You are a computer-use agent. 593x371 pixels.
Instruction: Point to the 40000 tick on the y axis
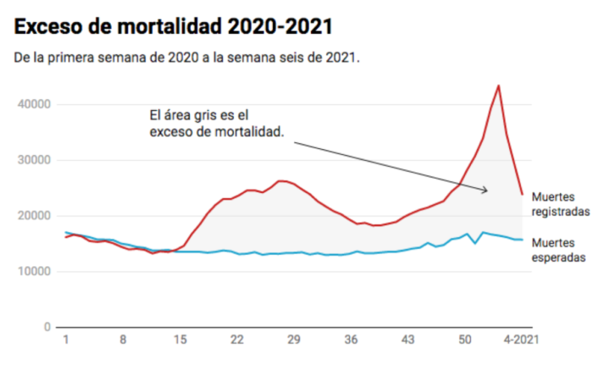point(35,104)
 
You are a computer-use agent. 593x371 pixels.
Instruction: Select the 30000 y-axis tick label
point(35,160)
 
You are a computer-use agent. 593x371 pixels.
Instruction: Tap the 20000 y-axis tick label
point(35,216)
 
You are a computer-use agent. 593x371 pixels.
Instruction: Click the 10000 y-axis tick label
point(35,271)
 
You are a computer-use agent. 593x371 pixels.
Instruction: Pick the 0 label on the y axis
point(48,327)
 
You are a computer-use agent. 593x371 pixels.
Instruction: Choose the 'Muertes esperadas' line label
point(559,251)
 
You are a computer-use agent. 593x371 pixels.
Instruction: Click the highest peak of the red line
point(498,86)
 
